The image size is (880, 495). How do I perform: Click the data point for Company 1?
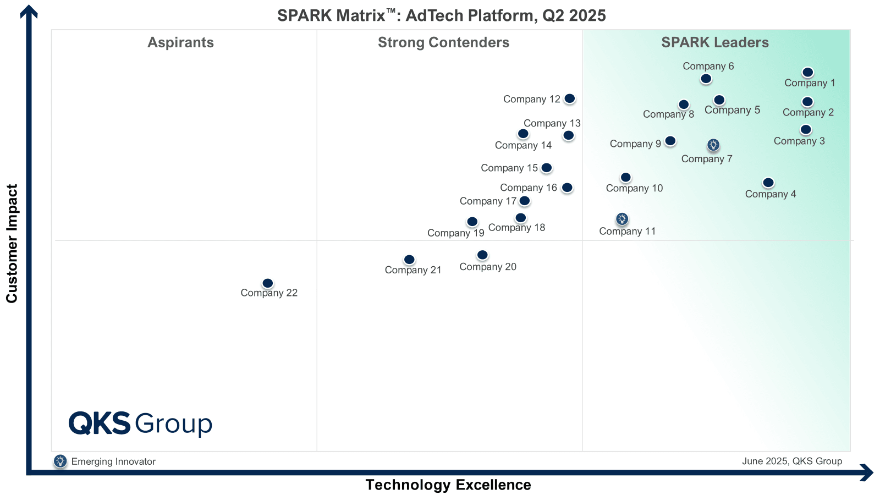(807, 73)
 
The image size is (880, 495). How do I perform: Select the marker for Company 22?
(268, 283)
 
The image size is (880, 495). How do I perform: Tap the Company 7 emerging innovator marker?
(713, 145)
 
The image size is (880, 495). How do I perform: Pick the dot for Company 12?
(570, 98)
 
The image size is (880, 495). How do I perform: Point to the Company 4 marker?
(768, 183)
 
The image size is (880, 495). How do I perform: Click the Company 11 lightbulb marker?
(622, 219)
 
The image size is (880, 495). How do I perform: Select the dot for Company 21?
(409, 260)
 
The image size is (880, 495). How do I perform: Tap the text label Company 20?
(488, 267)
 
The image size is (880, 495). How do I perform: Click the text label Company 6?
(708, 66)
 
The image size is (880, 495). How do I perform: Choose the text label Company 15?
(509, 168)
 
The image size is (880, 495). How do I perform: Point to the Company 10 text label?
(634, 188)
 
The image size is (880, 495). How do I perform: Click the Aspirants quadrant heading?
(180, 42)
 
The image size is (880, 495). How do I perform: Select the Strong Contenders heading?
(443, 42)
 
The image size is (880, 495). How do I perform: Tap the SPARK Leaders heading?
(714, 42)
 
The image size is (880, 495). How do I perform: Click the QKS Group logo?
(140, 424)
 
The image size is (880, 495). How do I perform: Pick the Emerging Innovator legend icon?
(60, 461)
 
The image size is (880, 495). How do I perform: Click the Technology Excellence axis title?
(448, 485)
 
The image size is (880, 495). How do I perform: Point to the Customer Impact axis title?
(12, 244)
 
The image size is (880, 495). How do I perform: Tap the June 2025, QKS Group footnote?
(791, 461)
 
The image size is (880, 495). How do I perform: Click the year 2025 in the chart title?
(587, 15)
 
